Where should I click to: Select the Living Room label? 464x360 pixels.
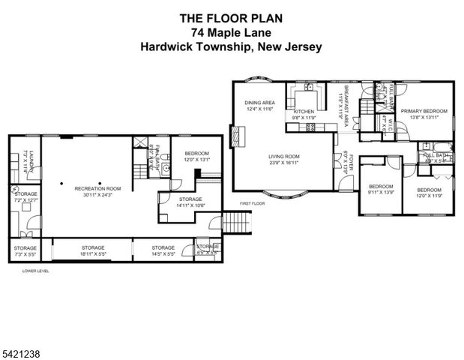(284, 157)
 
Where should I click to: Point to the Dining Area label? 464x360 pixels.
(260, 103)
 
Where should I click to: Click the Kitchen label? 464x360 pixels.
(304, 111)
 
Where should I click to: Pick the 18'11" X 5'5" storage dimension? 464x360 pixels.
(94, 253)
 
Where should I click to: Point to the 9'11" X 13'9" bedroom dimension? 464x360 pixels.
(381, 192)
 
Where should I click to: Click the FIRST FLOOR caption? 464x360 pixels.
(253, 203)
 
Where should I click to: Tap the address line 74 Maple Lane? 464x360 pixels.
(231, 32)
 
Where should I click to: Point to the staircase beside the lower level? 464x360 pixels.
(236, 223)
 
